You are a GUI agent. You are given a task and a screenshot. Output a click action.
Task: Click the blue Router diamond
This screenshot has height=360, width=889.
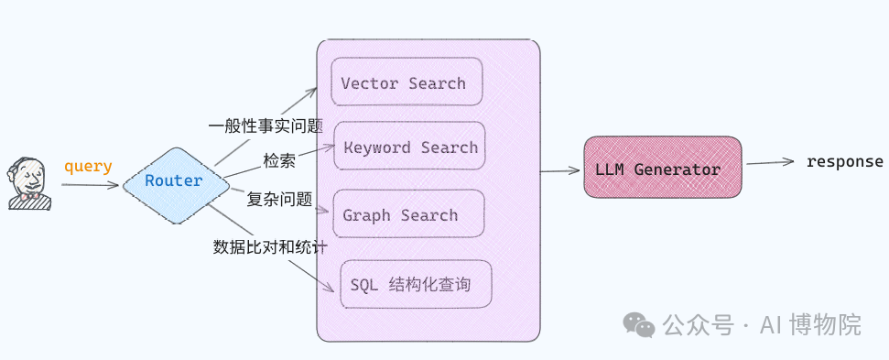174,181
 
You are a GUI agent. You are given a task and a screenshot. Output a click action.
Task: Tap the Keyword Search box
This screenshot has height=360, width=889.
408,147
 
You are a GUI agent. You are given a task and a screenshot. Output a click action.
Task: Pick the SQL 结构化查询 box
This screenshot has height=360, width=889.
415,284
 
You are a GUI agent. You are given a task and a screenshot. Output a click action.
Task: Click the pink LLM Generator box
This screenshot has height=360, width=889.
662,169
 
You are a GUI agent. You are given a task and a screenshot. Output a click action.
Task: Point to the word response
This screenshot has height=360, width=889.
844,162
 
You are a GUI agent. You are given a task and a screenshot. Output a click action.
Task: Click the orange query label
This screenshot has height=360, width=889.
88,167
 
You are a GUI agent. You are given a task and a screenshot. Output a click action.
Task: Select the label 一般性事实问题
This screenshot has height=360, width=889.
266,125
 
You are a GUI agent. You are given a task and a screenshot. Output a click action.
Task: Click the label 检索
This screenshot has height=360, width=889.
279,160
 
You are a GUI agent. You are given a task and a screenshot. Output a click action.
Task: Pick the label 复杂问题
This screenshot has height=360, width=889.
279,198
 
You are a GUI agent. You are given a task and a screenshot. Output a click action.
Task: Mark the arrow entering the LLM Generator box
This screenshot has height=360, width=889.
561,170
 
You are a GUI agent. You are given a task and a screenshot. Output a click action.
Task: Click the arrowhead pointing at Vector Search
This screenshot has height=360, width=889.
312,92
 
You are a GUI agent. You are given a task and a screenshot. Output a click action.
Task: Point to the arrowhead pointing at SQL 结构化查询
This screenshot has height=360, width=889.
331,291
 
